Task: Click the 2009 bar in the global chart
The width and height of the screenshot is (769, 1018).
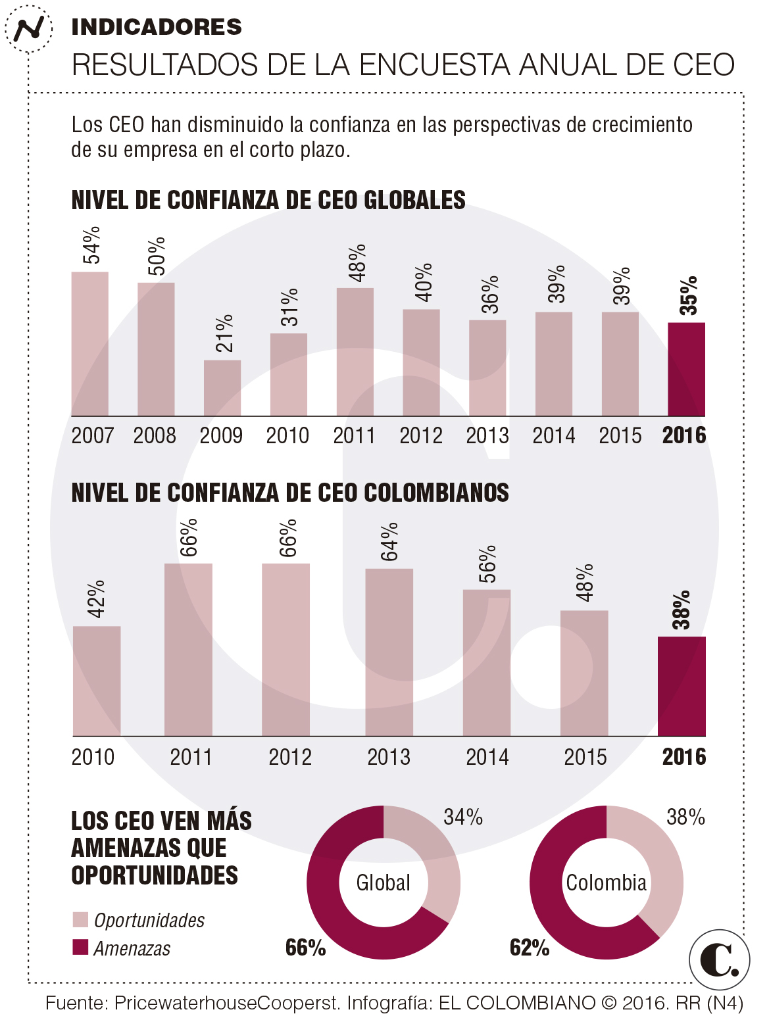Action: click(222, 388)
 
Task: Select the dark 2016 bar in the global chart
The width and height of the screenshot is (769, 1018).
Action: click(686, 370)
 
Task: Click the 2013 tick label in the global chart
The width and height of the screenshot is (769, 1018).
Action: click(487, 435)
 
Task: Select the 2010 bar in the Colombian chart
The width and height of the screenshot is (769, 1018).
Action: click(97, 681)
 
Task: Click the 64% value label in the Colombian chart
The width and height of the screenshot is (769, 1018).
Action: click(389, 542)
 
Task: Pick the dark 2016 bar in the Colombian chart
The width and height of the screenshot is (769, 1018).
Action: click(682, 686)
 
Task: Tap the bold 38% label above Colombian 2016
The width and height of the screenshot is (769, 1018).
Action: click(682, 610)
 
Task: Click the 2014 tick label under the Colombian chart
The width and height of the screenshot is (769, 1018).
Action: click(487, 757)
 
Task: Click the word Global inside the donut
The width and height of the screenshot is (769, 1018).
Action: click(383, 883)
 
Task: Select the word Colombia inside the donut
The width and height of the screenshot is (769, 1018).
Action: click(606, 883)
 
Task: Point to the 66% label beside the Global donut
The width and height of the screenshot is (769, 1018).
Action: click(305, 948)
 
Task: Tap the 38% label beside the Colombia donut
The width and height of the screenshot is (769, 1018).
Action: click(685, 817)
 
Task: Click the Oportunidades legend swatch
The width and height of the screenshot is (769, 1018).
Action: click(80, 919)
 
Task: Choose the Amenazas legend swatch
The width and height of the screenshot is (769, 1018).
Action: click(80, 947)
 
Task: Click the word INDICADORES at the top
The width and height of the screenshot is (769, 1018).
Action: click(157, 27)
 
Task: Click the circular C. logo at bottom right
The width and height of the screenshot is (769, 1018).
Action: click(719, 960)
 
